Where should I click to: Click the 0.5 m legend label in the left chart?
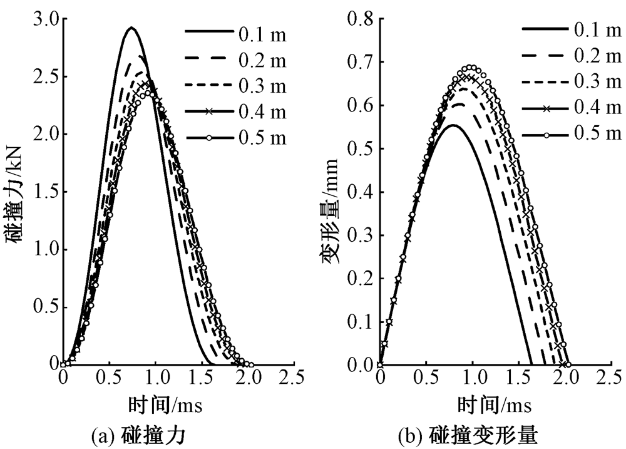[x=262, y=137]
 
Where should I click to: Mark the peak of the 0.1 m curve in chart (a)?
[x=131, y=28]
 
